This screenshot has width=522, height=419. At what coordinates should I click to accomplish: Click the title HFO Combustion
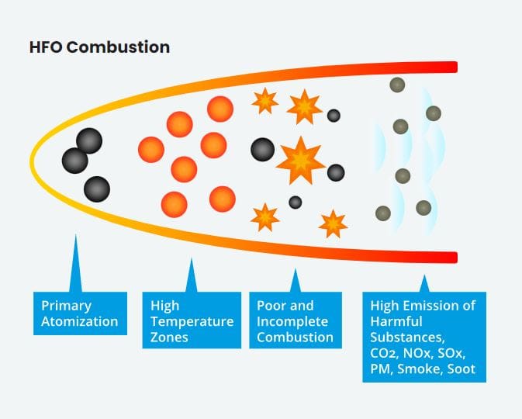click(99, 47)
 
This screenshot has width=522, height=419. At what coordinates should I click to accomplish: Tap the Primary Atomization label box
click(80, 313)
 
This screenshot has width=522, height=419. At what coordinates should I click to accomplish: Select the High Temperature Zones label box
click(192, 320)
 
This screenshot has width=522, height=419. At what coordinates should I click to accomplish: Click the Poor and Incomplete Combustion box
click(296, 320)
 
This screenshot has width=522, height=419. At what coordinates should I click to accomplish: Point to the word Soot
click(461, 369)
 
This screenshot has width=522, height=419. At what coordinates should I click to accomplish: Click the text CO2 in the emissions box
click(384, 353)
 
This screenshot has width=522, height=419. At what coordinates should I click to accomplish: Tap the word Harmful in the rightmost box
click(396, 321)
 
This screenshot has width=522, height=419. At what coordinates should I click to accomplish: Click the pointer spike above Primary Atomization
click(75, 263)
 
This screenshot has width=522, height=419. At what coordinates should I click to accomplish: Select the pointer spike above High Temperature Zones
click(191, 275)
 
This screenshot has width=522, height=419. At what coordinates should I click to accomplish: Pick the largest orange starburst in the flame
click(301, 161)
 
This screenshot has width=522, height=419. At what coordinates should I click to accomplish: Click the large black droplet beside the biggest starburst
click(263, 150)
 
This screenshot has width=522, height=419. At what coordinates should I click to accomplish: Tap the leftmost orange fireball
click(151, 150)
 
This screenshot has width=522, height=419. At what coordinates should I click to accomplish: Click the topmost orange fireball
click(220, 109)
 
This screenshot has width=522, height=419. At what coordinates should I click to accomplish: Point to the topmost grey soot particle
click(397, 85)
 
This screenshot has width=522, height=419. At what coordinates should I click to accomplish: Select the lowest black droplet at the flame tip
click(97, 189)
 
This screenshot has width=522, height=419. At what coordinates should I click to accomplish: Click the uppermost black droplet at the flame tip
click(89, 141)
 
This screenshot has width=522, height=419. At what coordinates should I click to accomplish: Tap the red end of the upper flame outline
click(453, 68)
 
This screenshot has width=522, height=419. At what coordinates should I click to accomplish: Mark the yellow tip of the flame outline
click(32, 161)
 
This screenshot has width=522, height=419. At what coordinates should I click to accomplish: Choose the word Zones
click(169, 338)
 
